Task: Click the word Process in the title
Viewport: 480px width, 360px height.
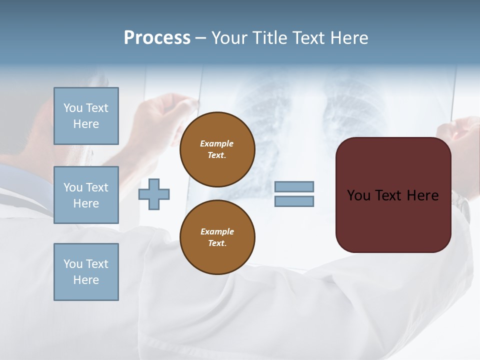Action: tap(157, 38)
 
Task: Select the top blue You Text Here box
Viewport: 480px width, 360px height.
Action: tap(86, 116)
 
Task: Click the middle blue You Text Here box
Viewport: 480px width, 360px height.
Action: tap(86, 195)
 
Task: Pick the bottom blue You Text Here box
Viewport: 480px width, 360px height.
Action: tap(86, 272)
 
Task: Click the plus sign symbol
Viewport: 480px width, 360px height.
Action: tap(154, 194)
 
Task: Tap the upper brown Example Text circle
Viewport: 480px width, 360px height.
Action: tap(217, 149)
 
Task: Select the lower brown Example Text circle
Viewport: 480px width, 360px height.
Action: tap(217, 237)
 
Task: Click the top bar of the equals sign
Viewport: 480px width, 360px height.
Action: tap(294, 187)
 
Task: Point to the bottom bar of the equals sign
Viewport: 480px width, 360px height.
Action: tap(294, 201)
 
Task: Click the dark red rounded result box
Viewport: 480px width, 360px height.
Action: tap(393, 220)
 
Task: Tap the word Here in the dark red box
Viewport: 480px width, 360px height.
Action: tap(422, 195)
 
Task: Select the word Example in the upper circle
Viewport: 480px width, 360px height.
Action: tap(217, 143)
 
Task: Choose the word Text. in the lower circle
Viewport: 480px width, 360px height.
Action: tap(217, 243)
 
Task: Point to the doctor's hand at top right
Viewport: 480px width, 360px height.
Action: tap(462, 135)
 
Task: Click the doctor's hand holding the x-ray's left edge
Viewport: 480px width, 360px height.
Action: tap(170, 112)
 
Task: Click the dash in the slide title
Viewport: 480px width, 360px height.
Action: tap(201, 38)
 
